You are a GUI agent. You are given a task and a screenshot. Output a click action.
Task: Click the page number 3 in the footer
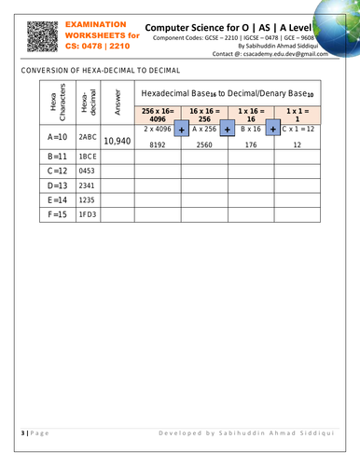(x=21, y=433)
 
